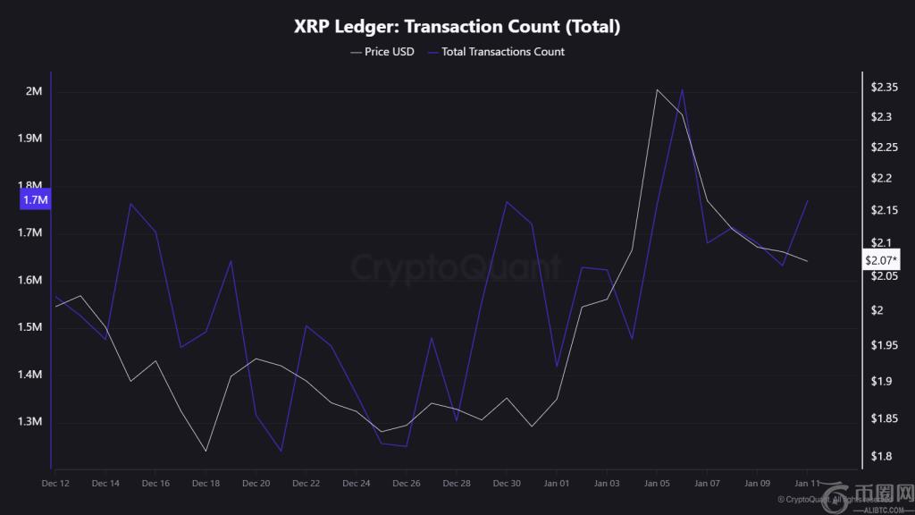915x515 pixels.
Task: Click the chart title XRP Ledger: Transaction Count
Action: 457,27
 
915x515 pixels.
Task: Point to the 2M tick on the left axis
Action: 34,92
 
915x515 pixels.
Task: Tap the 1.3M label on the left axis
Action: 29,421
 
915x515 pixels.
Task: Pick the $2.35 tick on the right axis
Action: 885,88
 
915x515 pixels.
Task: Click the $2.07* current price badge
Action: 882,260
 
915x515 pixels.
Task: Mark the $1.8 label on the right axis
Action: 880,457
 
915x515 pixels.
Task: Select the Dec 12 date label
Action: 55,483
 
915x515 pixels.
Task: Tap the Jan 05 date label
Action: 657,483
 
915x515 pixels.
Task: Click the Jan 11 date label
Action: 807,483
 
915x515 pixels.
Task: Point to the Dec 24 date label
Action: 356,483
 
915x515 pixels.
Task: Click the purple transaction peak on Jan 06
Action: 683,89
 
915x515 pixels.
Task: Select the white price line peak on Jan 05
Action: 657,89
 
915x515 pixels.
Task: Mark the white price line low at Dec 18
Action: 206,451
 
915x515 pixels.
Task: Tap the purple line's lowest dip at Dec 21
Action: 281,451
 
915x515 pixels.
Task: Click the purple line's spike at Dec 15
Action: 130,204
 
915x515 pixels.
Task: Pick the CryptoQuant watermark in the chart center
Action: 456,266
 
